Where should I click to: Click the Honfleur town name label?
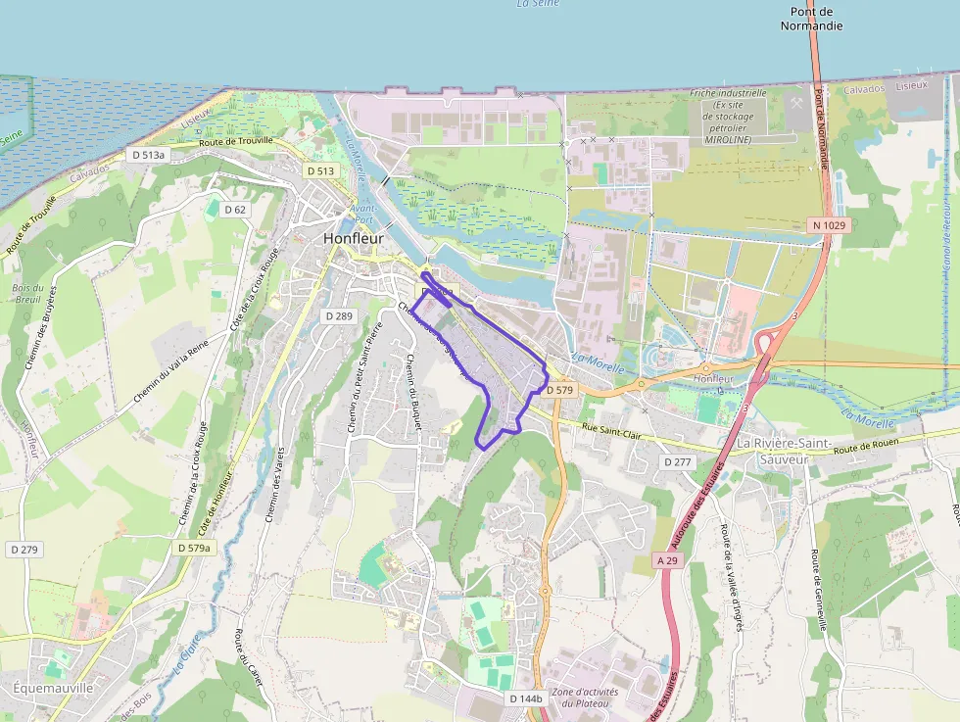(x=354, y=238)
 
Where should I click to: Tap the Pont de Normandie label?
(x=811, y=19)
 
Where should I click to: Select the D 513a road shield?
(x=149, y=155)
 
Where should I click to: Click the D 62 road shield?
(x=235, y=210)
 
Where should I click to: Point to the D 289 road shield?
(x=338, y=315)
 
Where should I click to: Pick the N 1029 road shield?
(x=828, y=225)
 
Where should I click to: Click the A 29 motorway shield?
(x=667, y=560)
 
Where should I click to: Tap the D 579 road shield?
(x=559, y=390)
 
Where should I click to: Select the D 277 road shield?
(x=678, y=461)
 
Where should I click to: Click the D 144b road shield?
(x=525, y=698)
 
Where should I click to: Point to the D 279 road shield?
(x=24, y=550)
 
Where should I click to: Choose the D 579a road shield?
(x=194, y=548)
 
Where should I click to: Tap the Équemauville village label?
(x=53, y=688)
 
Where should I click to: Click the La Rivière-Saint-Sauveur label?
(x=784, y=451)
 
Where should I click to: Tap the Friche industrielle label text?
(x=729, y=93)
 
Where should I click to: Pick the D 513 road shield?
(x=320, y=170)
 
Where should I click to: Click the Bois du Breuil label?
(x=28, y=294)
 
